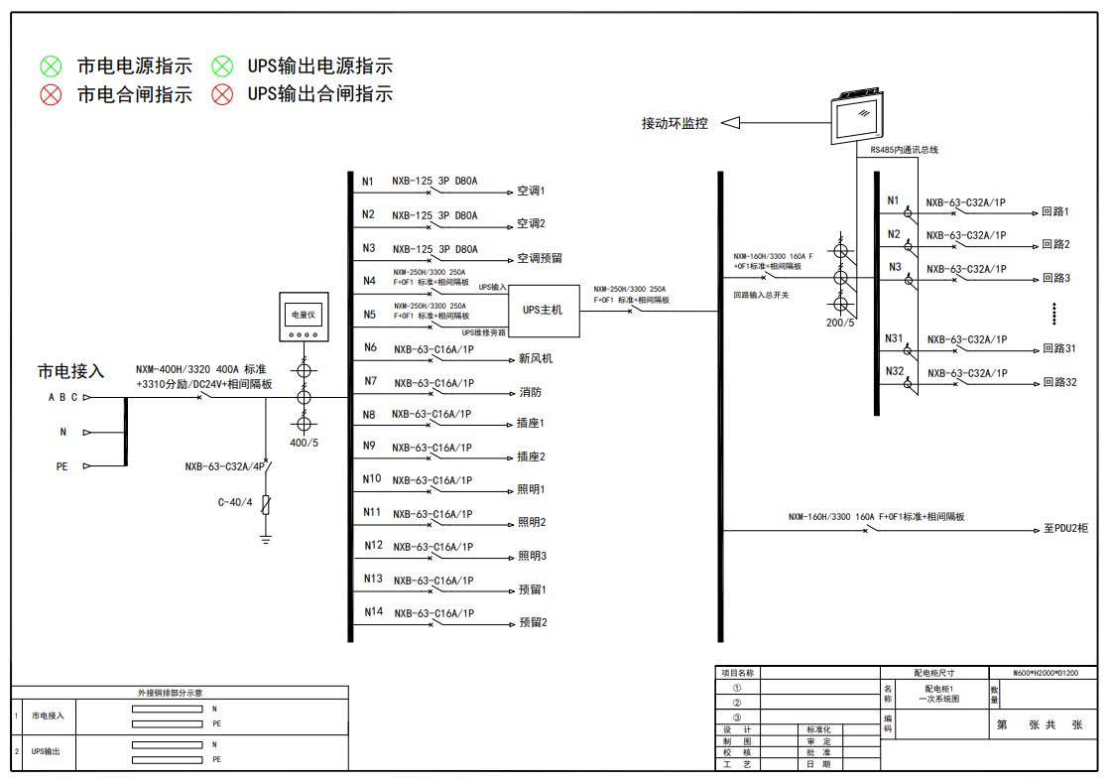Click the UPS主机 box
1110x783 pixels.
pyautogui.click(x=543, y=310)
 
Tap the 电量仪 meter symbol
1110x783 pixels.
pyautogui.click(x=302, y=317)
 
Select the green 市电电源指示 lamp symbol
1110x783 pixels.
pyautogui.click(x=51, y=66)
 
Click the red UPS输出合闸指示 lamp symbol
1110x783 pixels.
pyautogui.click(x=222, y=94)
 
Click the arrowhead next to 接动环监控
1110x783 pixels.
pyautogui.click(x=730, y=123)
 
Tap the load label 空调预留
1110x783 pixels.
pyautogui.click(x=540, y=258)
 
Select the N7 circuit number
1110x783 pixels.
pyautogui.click(x=370, y=381)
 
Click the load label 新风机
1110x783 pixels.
pyautogui.click(x=536, y=358)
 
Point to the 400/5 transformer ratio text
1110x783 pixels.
pyautogui.click(x=304, y=443)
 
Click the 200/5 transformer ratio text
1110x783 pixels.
pyautogui.click(x=840, y=323)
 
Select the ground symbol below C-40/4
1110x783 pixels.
pyautogui.click(x=266, y=539)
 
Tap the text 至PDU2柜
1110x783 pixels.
pyautogui.click(x=1065, y=529)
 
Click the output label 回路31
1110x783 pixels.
pyautogui.click(x=1058, y=348)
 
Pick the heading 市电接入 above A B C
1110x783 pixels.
pyautogui.click(x=70, y=371)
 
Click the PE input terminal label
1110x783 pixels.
pyautogui.click(x=62, y=466)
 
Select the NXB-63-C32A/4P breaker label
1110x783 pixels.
pyautogui.click(x=222, y=466)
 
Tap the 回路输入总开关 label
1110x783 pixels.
pyautogui.click(x=761, y=295)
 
